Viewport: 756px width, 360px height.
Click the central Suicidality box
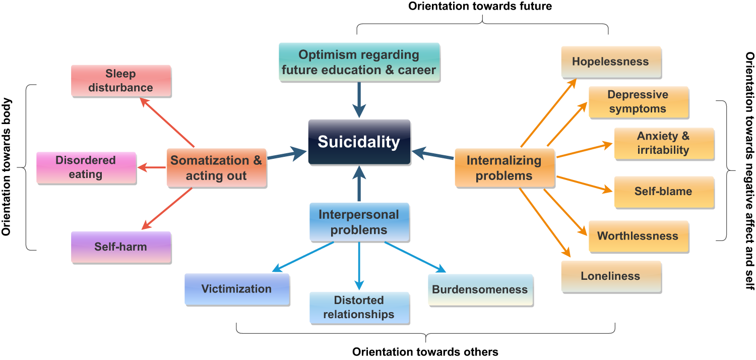359,142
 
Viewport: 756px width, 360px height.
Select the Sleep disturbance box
121,81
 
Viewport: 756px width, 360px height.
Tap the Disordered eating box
86,167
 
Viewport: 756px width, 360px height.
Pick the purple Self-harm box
121,247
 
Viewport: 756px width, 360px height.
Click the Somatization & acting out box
216,168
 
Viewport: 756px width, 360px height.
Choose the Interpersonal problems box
359,222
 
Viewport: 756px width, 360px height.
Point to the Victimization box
236,289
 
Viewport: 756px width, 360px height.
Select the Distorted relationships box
359,308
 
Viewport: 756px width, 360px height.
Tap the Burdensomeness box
480,290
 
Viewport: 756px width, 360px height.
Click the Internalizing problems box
504,168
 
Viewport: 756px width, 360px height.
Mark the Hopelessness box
610,62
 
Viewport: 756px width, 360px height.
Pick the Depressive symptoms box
638,102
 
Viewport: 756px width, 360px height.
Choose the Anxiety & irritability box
663,143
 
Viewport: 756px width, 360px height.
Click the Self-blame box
663,192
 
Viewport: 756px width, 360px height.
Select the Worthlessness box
638,236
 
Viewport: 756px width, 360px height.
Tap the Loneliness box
610,276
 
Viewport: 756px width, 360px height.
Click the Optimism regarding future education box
359,62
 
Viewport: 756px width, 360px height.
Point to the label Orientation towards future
480,7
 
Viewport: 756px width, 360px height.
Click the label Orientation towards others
425,352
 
